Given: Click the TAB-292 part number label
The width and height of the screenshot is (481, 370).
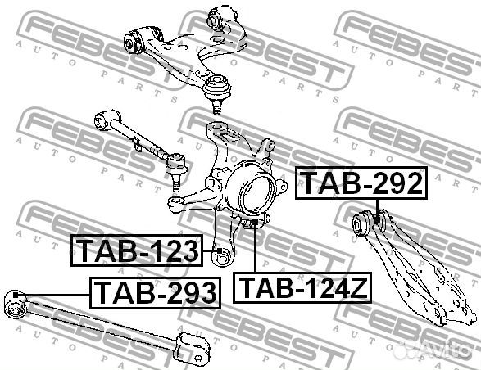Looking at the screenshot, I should point(361,183).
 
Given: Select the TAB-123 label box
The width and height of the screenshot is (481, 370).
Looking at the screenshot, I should point(138,250).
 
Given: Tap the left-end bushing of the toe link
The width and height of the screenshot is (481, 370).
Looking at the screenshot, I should point(102,120).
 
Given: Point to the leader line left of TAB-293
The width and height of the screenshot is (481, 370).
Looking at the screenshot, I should point(57,292).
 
